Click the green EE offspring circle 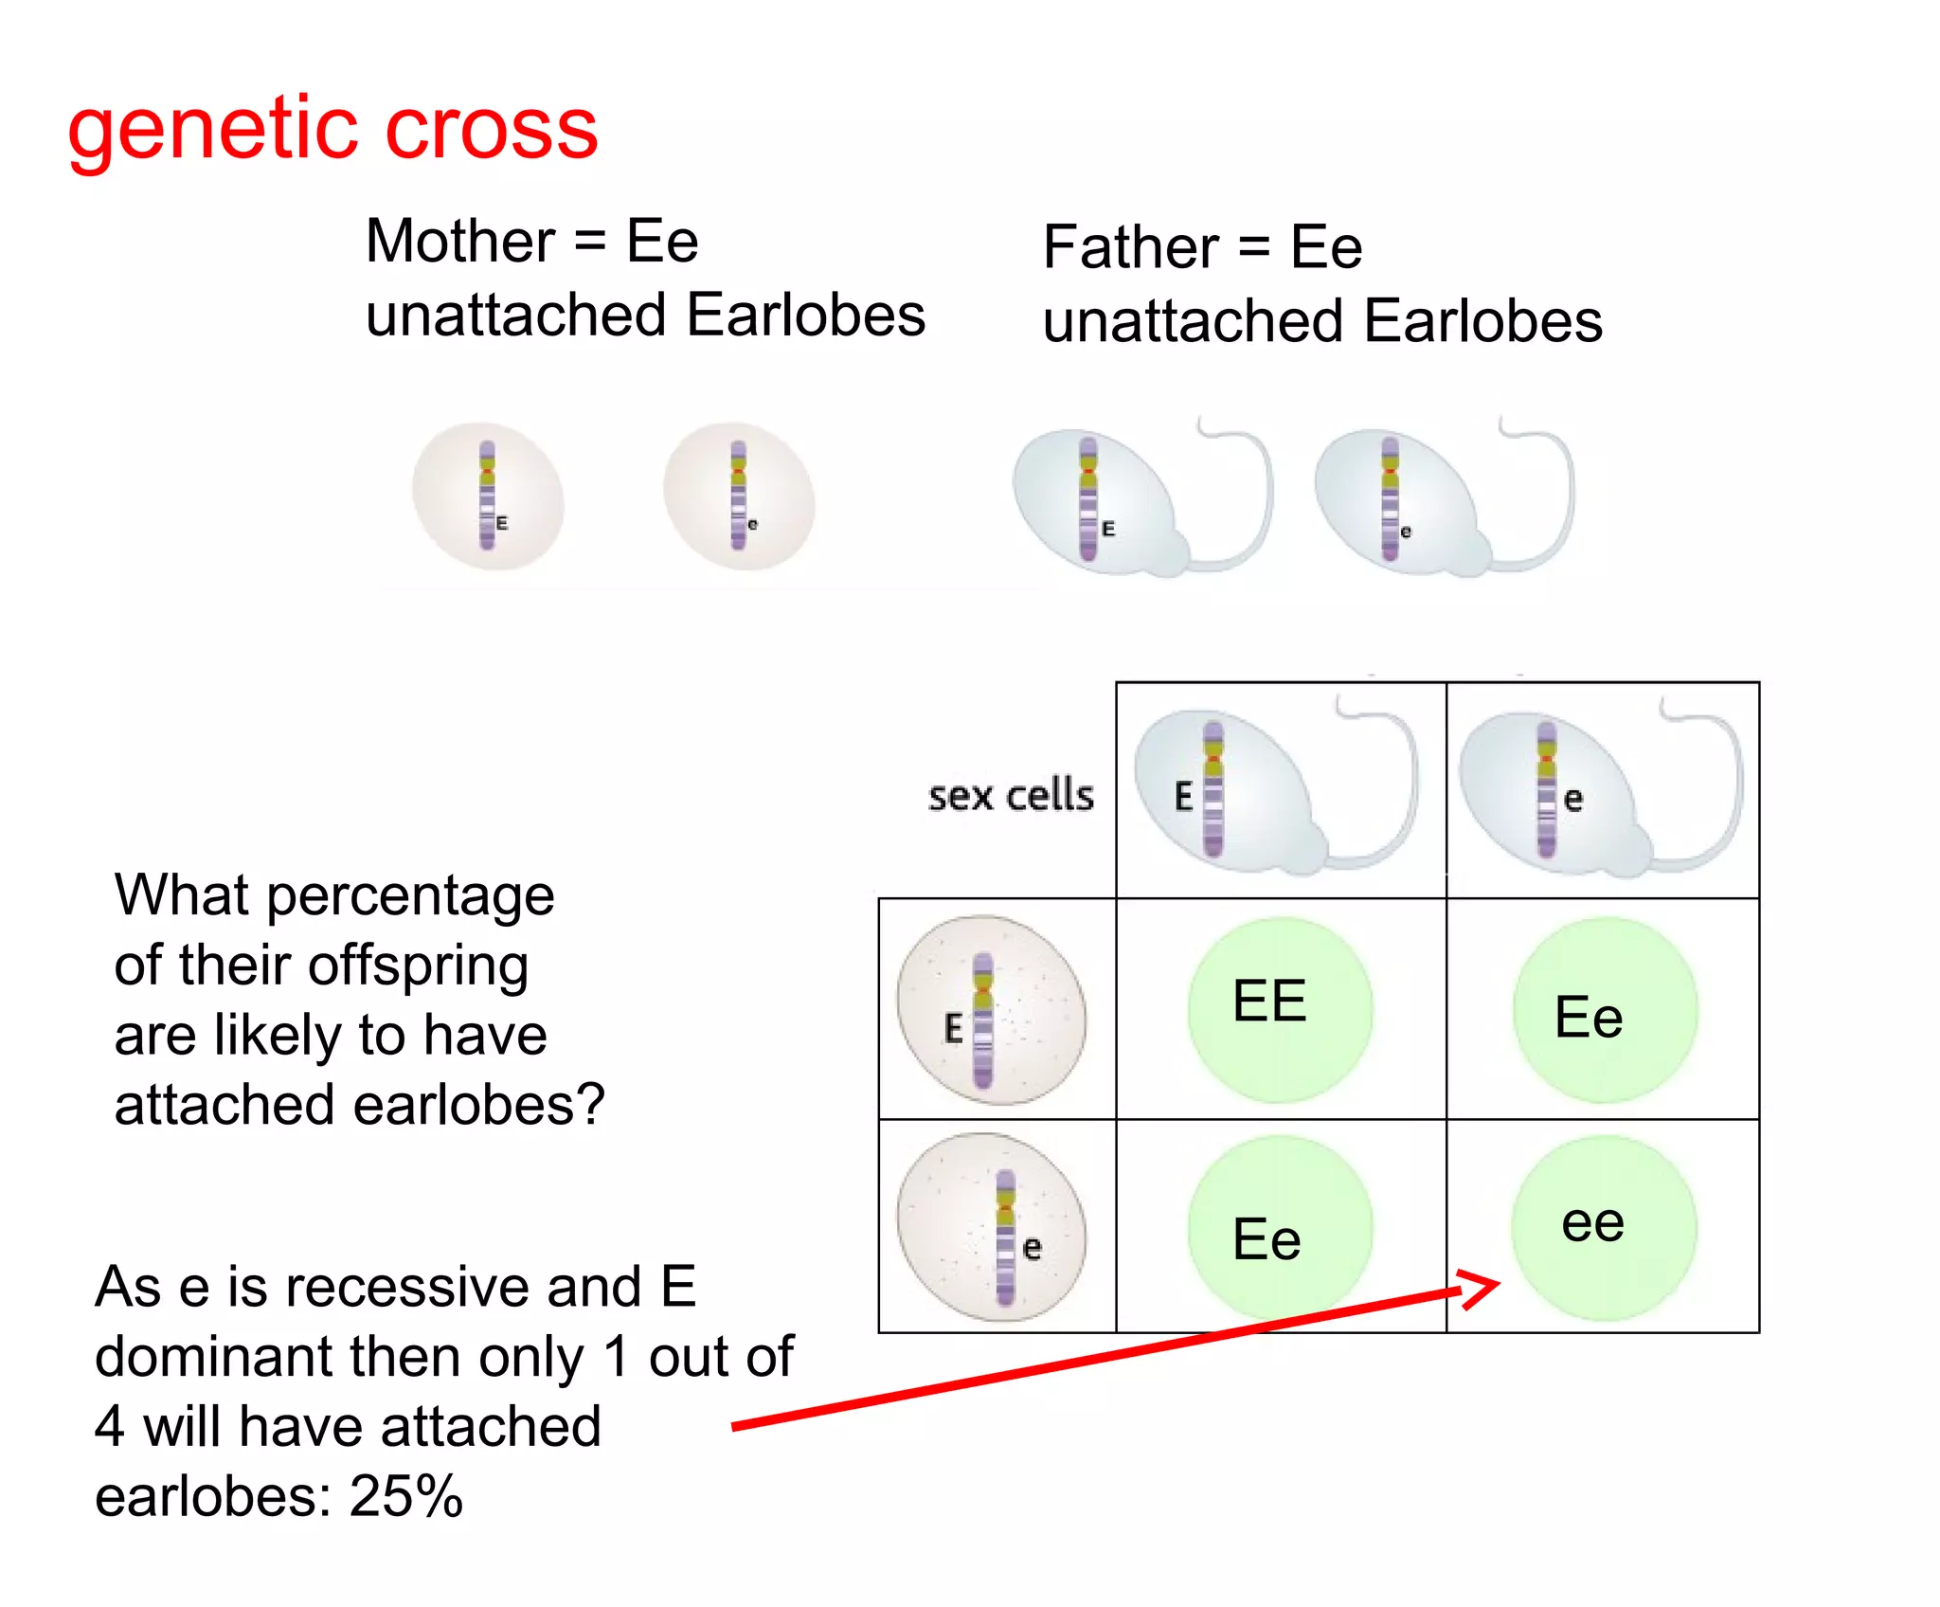coord(1279,1009)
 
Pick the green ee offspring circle coord(1603,1228)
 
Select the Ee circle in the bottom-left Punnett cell coord(1279,1228)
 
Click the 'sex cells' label coord(1010,796)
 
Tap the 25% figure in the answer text coord(405,1496)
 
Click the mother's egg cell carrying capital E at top coord(488,497)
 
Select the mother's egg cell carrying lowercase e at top coord(739,497)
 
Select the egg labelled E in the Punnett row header coord(991,1010)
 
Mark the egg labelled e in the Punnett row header coord(991,1227)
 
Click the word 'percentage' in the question coord(410,895)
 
